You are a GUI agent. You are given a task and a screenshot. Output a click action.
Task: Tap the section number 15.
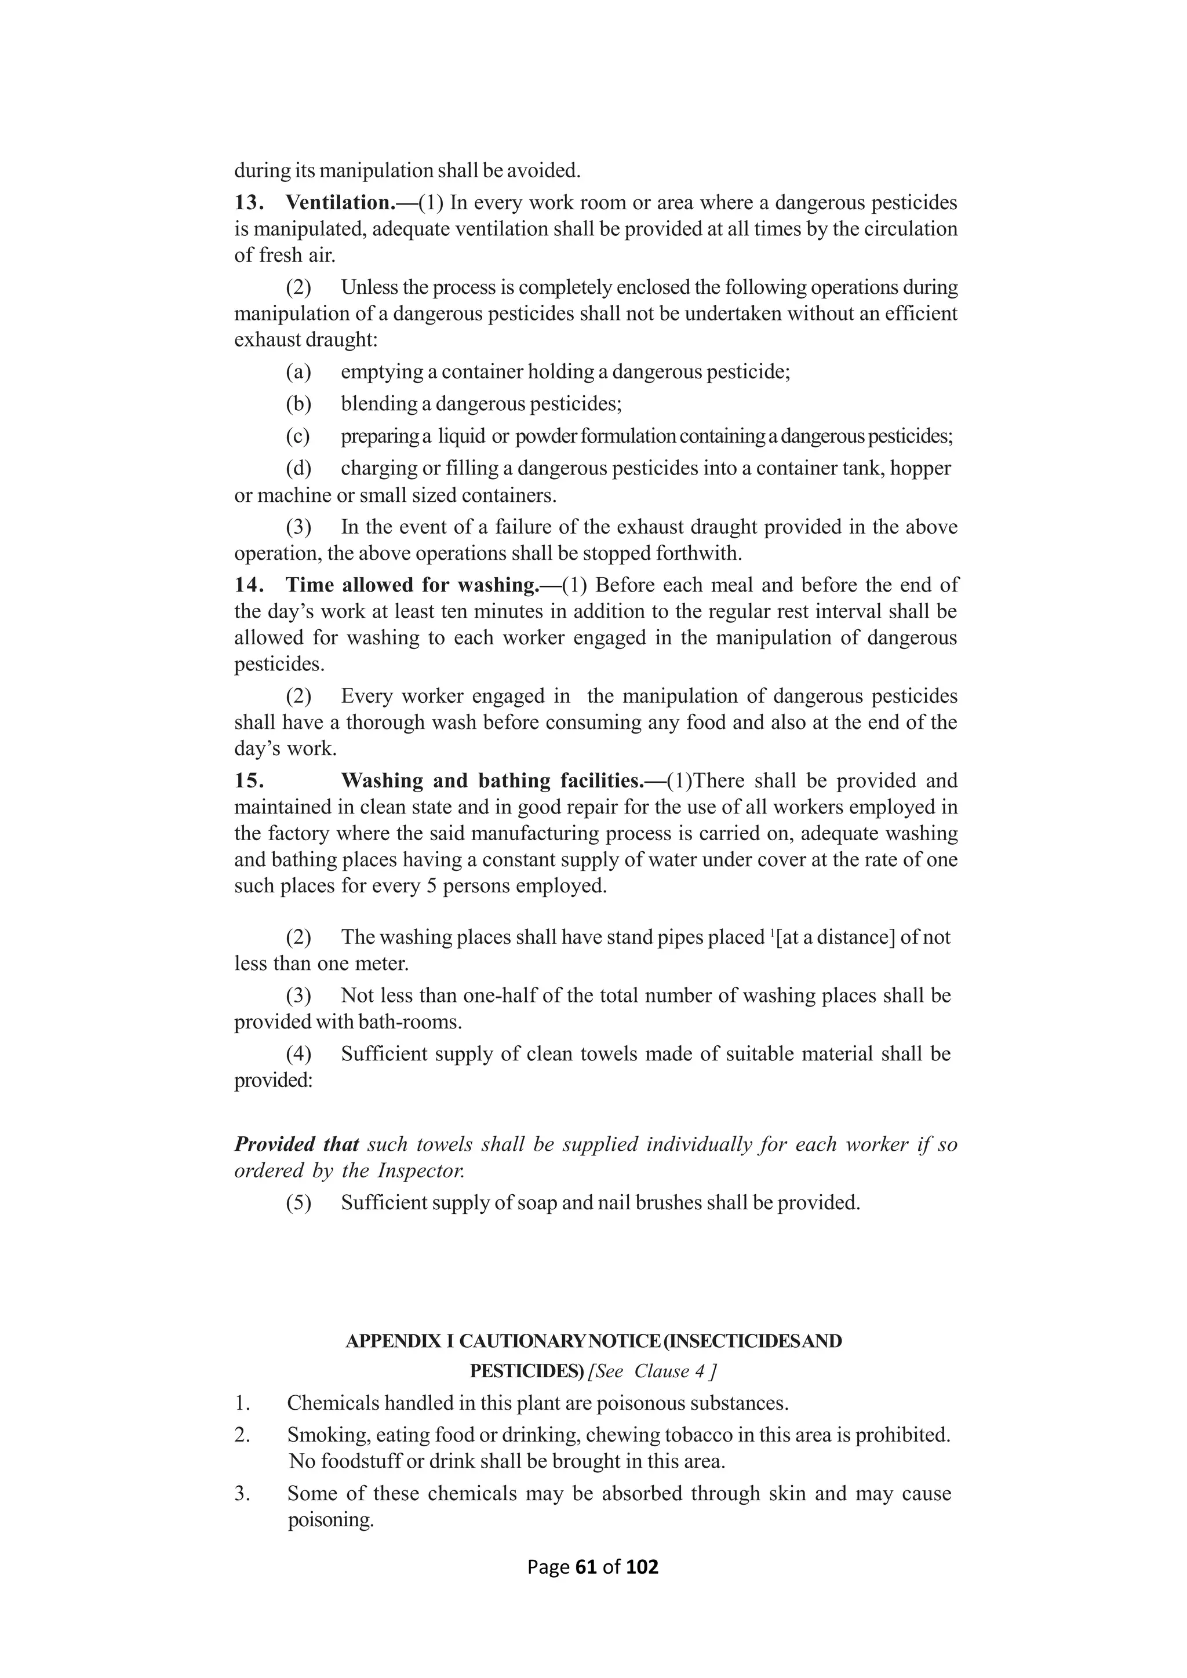point(249,780)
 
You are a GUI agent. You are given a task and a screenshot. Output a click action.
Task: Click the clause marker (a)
point(298,372)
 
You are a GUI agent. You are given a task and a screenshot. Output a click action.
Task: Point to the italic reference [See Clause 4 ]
point(652,1371)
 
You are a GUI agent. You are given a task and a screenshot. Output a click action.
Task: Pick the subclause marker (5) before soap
point(298,1202)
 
